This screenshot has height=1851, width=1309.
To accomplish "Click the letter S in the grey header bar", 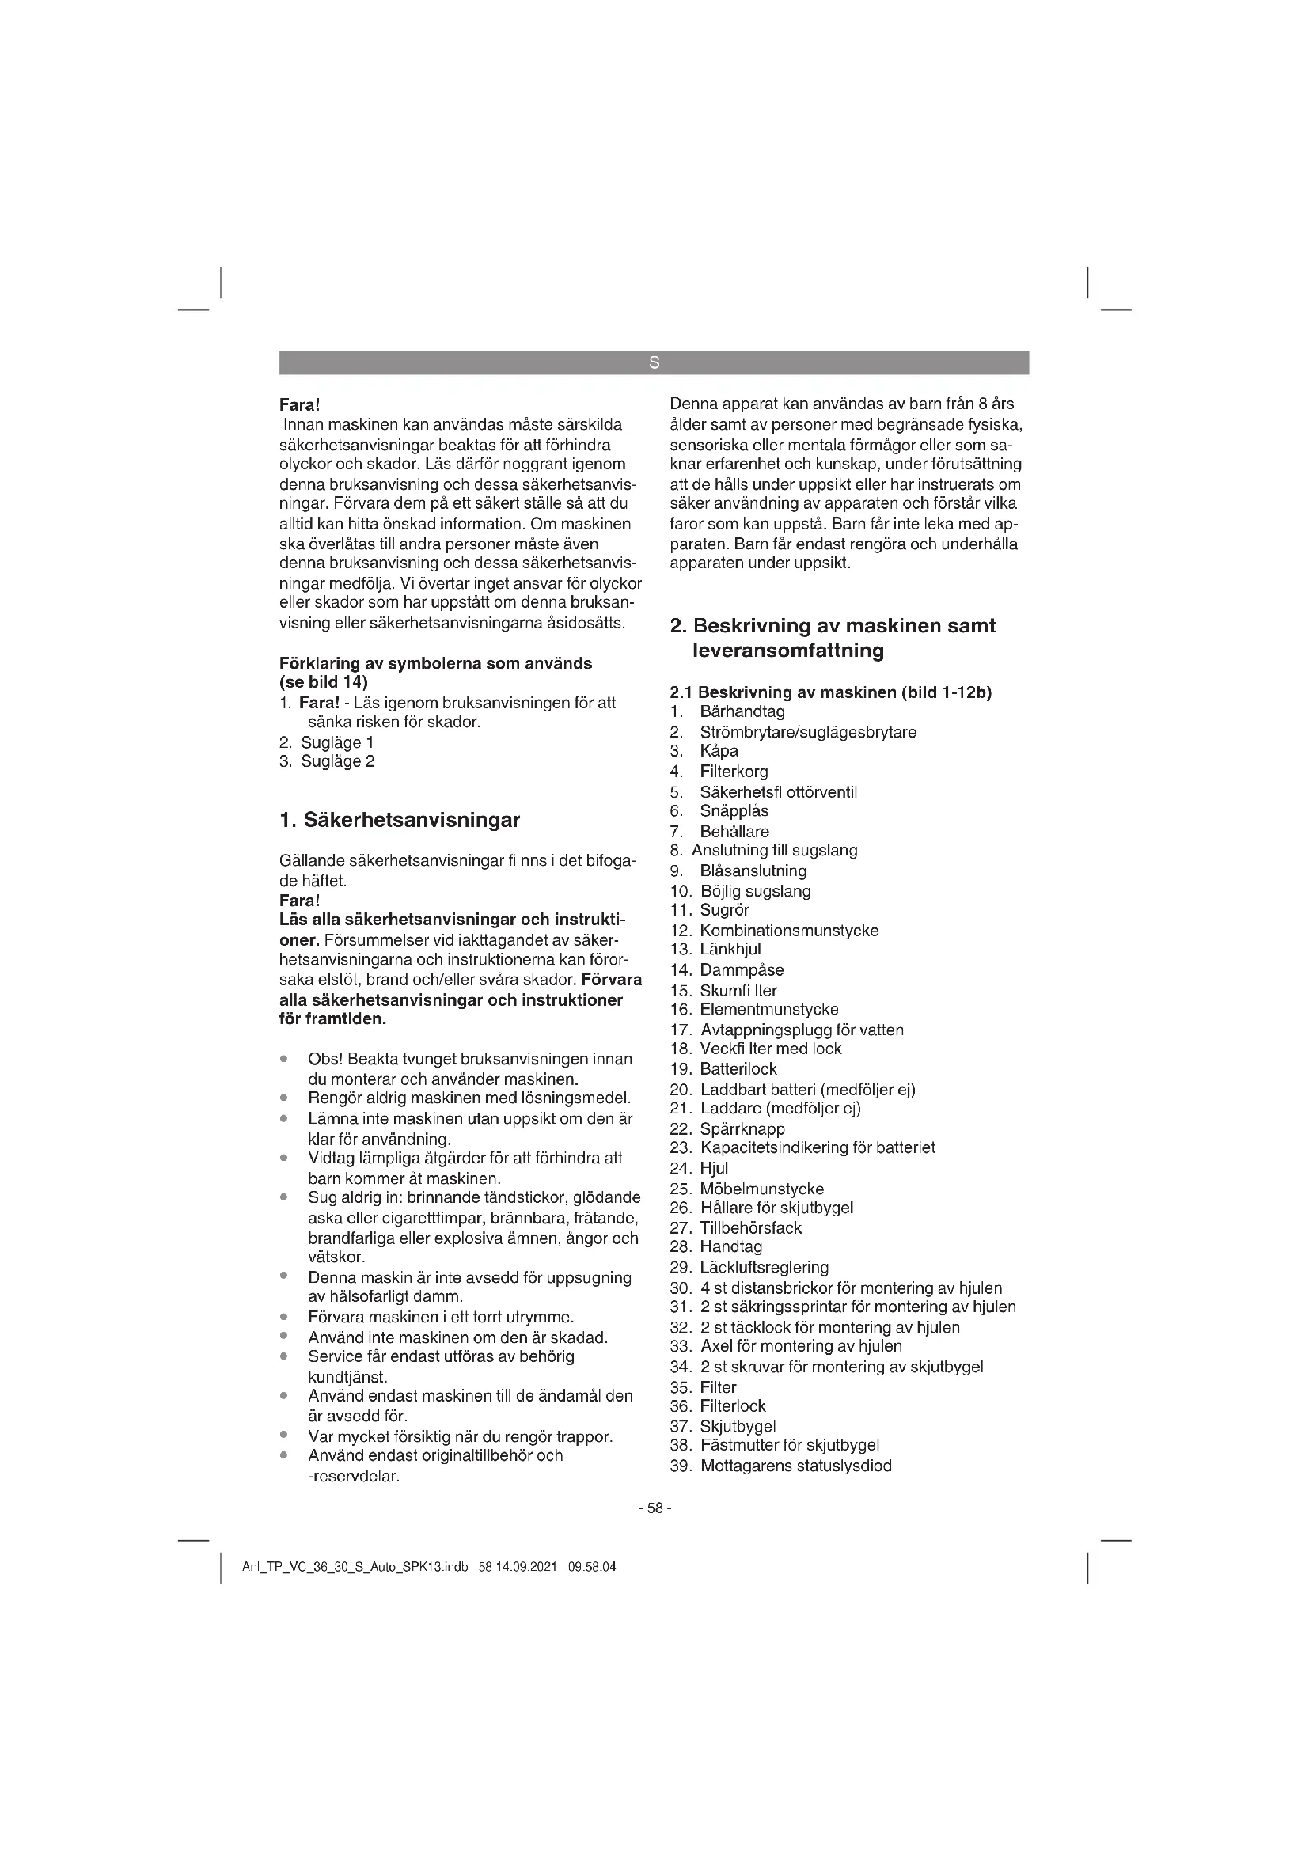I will (x=654, y=362).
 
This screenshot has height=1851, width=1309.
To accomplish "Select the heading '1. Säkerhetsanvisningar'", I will (x=399, y=821).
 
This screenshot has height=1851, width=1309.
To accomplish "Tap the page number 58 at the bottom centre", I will (x=654, y=1508).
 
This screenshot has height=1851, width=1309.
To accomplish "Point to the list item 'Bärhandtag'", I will (x=742, y=712).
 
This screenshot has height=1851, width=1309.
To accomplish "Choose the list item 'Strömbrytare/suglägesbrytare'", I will (x=808, y=732).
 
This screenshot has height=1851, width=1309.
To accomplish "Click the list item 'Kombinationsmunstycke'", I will (x=788, y=931).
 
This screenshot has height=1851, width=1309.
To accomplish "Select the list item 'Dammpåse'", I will (x=741, y=970).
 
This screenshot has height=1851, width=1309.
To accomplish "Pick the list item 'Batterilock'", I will (x=738, y=1069).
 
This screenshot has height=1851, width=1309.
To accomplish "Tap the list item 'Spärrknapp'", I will (x=742, y=1128).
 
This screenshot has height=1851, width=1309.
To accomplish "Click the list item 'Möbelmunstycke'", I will (x=761, y=1189).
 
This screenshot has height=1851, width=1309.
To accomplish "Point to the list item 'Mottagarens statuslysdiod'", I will (x=795, y=1466).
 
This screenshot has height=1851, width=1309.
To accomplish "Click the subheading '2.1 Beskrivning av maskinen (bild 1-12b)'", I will (x=830, y=692).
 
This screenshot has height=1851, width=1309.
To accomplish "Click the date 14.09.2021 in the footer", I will (x=526, y=1568).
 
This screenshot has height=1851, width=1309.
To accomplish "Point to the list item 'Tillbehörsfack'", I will (x=750, y=1228).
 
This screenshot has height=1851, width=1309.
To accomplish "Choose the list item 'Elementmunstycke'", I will (x=769, y=1009).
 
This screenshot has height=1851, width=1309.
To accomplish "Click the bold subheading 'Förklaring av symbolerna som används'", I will (x=435, y=663).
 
